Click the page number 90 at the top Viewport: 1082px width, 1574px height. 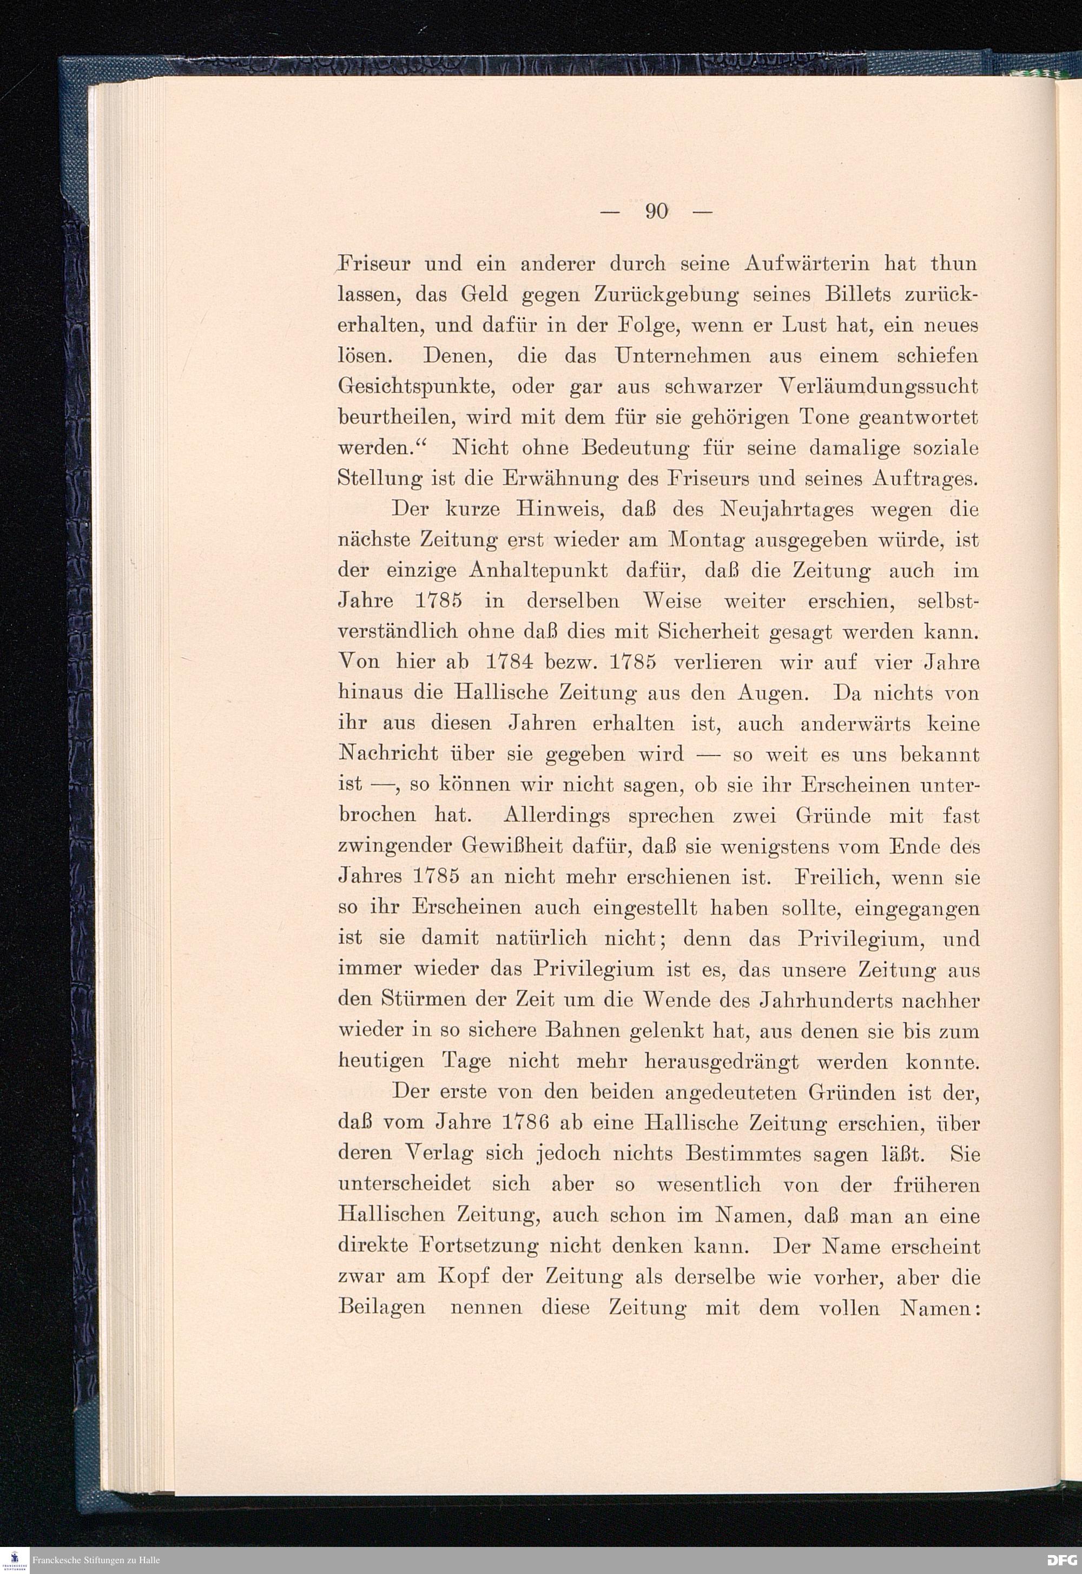[657, 212]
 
